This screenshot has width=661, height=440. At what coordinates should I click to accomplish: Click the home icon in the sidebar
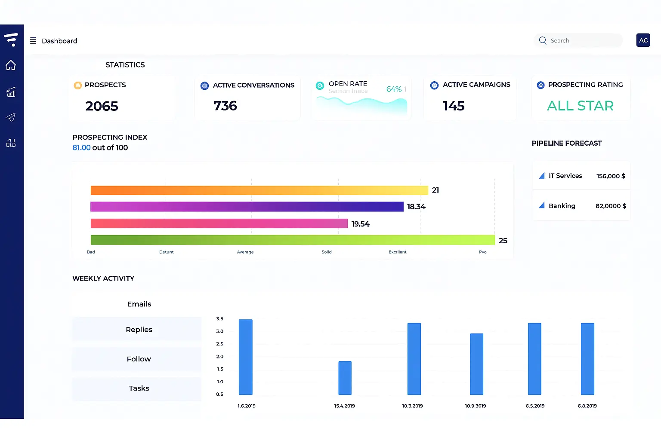tap(11, 65)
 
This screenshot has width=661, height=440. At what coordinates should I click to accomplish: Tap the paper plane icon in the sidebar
tap(11, 117)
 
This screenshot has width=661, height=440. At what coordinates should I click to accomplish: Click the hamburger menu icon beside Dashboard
tap(33, 41)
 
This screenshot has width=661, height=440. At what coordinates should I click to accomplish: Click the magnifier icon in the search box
tap(543, 40)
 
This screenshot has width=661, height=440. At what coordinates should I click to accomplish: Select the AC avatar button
tap(643, 40)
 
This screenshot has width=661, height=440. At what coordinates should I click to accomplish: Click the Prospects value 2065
tap(102, 106)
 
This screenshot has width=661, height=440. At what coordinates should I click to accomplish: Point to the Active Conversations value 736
tap(225, 106)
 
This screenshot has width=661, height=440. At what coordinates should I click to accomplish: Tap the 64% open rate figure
tap(394, 89)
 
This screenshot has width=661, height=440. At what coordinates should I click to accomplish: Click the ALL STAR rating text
tap(580, 106)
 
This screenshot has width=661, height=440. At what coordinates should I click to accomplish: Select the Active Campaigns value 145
tap(454, 106)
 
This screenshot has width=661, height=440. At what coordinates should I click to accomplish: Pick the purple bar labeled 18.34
tap(247, 207)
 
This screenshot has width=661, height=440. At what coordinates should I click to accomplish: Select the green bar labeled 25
tap(293, 240)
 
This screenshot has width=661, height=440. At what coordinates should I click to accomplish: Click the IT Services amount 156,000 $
tap(611, 176)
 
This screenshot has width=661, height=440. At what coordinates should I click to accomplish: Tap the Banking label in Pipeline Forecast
tap(562, 206)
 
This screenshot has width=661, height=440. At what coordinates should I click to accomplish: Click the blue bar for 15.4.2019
tap(345, 378)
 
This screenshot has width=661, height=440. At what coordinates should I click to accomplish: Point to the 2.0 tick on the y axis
tap(219, 357)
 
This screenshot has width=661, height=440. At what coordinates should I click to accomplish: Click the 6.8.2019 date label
tap(587, 406)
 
